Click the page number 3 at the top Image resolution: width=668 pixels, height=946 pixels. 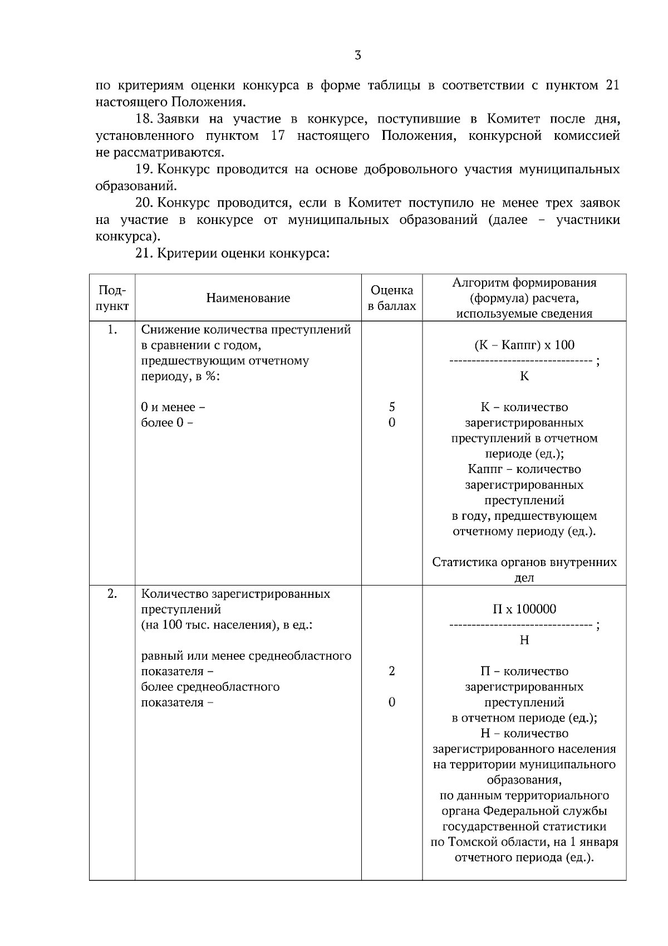pos(357,56)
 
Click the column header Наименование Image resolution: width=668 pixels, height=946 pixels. pos(248,298)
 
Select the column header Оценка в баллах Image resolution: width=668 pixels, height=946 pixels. pos(392,298)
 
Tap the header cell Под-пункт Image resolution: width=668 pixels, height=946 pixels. pos(112,298)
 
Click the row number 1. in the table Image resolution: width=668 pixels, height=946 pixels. pos(112,330)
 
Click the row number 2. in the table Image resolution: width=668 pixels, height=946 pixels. pos(112,594)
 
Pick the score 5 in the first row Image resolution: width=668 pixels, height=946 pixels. pos(392,407)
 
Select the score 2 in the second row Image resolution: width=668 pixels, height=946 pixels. pos(392,671)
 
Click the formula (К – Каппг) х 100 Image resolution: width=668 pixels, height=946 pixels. pos(524,345)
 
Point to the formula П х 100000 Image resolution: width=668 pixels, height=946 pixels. pos(524,609)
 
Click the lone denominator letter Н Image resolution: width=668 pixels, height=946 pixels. pos(524,641)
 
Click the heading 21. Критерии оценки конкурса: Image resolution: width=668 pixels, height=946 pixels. pos(233,253)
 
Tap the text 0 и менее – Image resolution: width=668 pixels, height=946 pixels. pos(173,407)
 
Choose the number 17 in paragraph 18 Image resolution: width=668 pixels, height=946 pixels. pos(278,136)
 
